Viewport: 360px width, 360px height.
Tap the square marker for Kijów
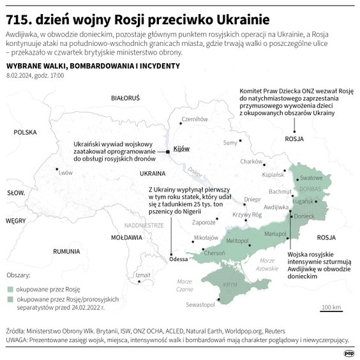click(x=167, y=152)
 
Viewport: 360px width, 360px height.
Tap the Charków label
click(x=251, y=161)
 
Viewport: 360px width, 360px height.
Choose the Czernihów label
click(x=195, y=119)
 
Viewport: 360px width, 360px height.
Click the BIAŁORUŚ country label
click(x=125, y=99)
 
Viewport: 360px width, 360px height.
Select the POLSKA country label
click(x=26, y=132)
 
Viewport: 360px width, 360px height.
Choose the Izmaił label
click(x=142, y=275)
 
